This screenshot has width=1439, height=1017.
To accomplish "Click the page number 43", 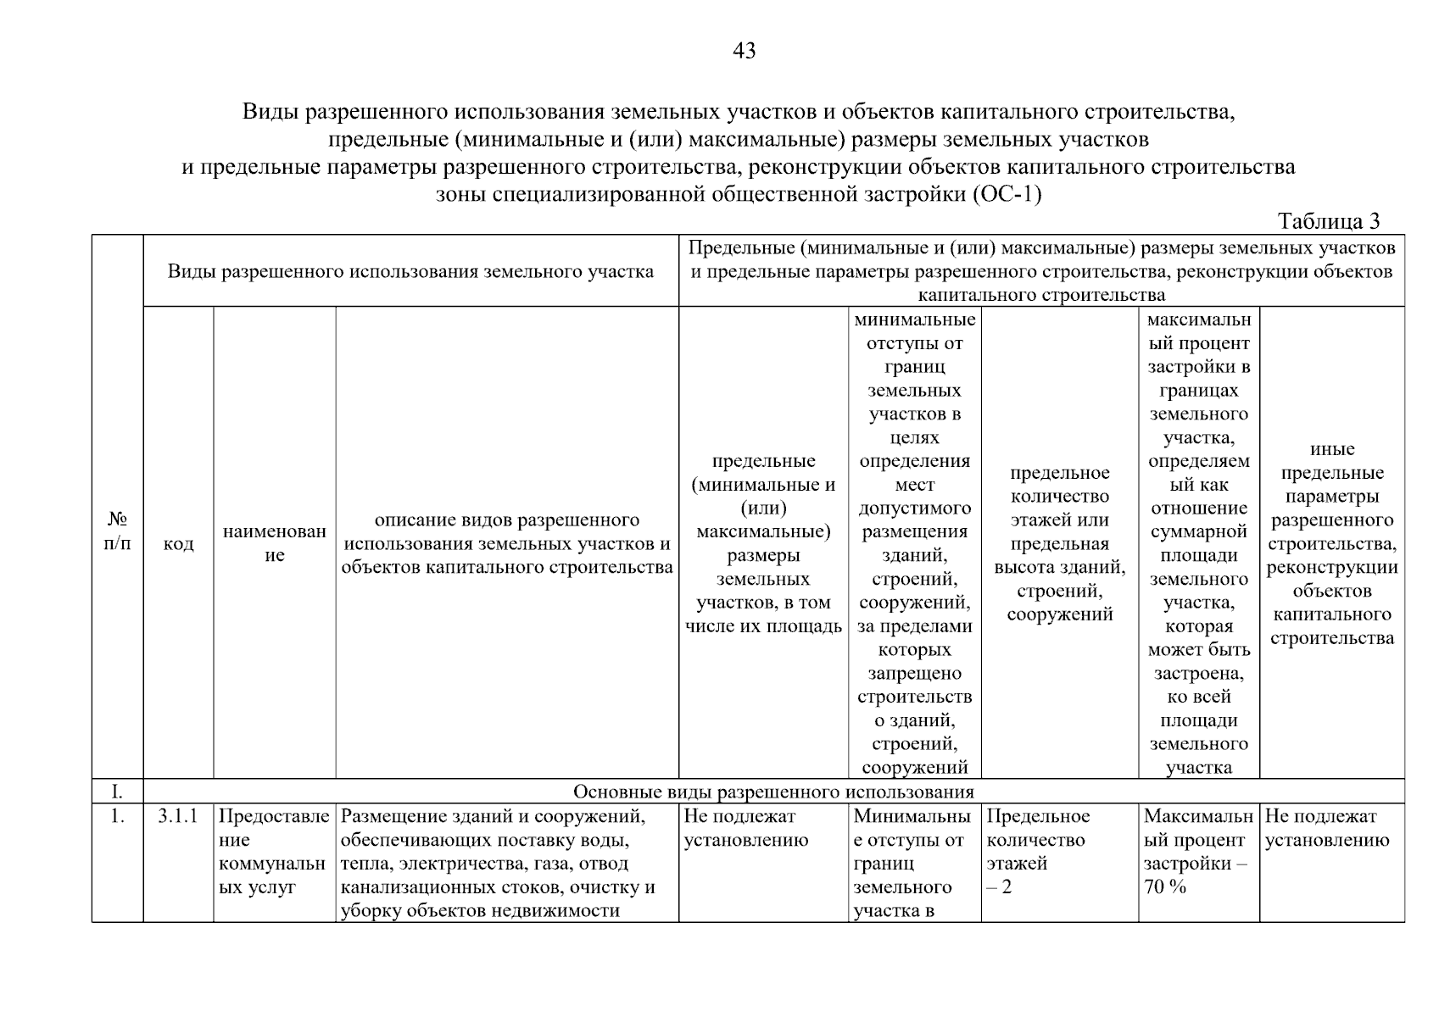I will (x=744, y=52).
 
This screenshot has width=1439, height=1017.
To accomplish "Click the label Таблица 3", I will (x=1329, y=221).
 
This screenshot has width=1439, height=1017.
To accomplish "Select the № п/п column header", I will (x=117, y=531).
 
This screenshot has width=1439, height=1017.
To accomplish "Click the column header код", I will (x=178, y=543).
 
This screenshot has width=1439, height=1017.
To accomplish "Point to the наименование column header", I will (x=274, y=543).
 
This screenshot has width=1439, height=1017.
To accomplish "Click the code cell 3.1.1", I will (x=178, y=816).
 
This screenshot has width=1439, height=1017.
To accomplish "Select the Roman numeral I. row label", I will (x=117, y=792).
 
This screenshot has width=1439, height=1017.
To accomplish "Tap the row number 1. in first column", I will (x=117, y=816).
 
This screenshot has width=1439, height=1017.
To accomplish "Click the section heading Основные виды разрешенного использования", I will (x=773, y=792).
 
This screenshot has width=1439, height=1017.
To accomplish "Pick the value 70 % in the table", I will (x=1164, y=887).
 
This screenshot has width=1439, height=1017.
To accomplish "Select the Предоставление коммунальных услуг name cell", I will (x=273, y=852).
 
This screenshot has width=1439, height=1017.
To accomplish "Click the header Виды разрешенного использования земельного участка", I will (x=410, y=271).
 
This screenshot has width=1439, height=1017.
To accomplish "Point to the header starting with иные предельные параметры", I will (x=1331, y=543).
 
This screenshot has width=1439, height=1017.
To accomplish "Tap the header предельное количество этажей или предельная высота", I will (x=1059, y=543).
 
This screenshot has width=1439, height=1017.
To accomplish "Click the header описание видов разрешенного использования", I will (x=507, y=543).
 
